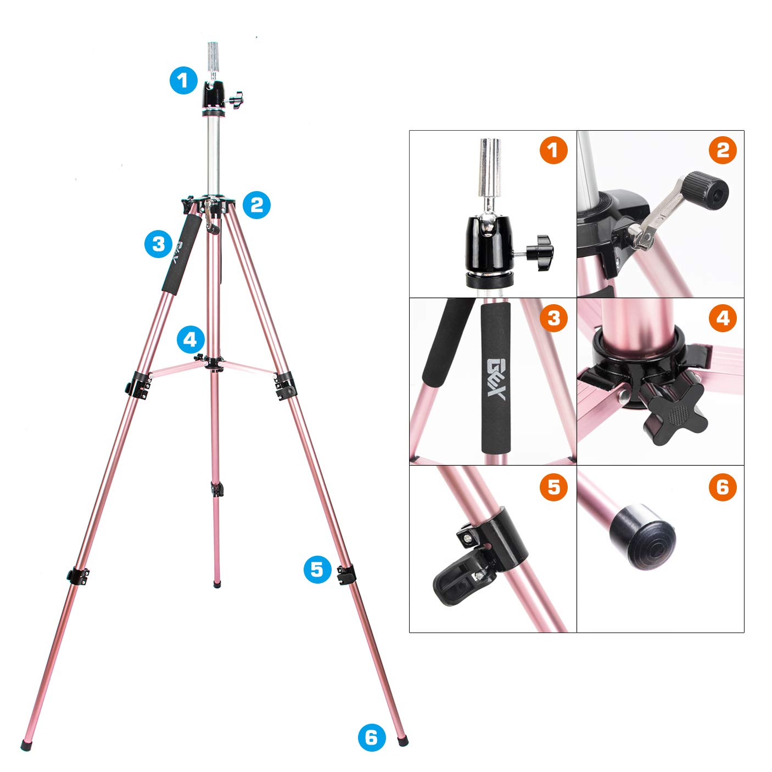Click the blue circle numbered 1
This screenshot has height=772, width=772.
(183, 81)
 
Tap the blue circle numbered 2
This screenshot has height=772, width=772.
(256, 205)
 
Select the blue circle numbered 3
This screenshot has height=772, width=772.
(159, 243)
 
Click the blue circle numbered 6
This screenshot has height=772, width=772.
(371, 737)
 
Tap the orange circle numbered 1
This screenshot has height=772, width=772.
(553, 150)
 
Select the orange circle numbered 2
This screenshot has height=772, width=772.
(723, 150)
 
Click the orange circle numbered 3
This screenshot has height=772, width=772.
(553, 318)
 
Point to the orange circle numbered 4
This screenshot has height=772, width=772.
(723, 318)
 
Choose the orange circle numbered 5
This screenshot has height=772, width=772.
(553, 487)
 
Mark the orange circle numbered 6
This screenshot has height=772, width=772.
(723, 487)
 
